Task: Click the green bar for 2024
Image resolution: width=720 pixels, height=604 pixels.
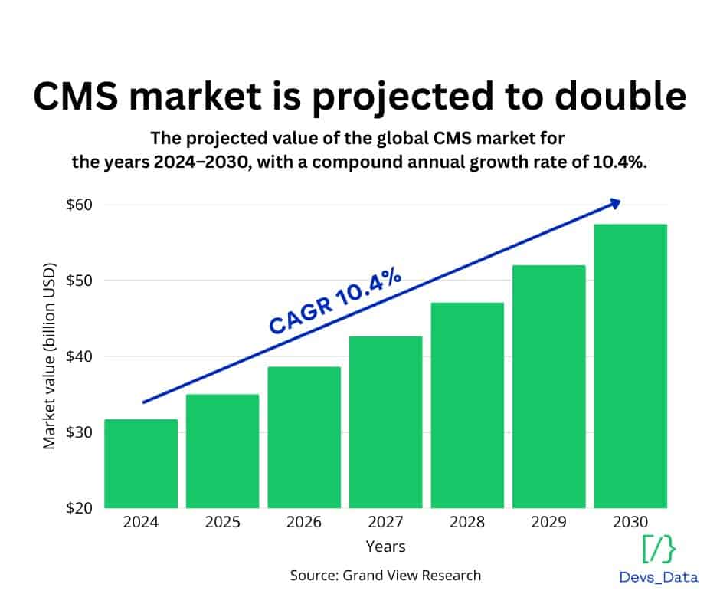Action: (x=141, y=463)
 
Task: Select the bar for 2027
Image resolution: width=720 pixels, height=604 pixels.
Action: (x=386, y=422)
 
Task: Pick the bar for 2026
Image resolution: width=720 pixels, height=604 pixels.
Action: (x=304, y=437)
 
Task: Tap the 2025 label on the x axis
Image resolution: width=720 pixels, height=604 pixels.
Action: (x=223, y=523)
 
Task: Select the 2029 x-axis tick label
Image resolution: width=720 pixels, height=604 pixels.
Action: (x=549, y=523)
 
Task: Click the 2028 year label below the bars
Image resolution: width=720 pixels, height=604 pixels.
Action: (x=467, y=523)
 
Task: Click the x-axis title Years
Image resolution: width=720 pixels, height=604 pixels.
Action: (x=385, y=547)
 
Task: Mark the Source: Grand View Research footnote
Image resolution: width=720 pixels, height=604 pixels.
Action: (x=385, y=575)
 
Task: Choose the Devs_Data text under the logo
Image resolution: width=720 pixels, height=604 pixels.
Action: (x=659, y=577)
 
